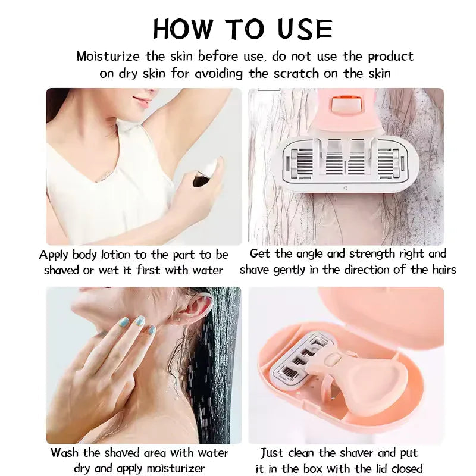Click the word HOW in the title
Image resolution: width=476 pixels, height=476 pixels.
182,29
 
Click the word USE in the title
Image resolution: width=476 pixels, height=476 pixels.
305,29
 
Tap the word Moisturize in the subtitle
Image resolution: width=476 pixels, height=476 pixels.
108,57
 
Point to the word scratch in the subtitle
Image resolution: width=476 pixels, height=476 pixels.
296,74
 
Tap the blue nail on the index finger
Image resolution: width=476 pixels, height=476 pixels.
124,322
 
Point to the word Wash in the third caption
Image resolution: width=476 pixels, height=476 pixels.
65,453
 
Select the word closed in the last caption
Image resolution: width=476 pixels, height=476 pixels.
405,468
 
